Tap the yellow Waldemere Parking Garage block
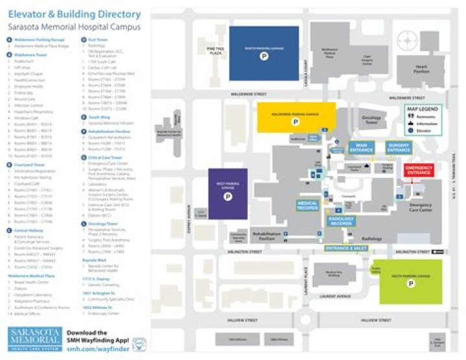[x=296, y=117]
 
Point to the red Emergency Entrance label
[x=419, y=170]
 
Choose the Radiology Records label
[x=342, y=221]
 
